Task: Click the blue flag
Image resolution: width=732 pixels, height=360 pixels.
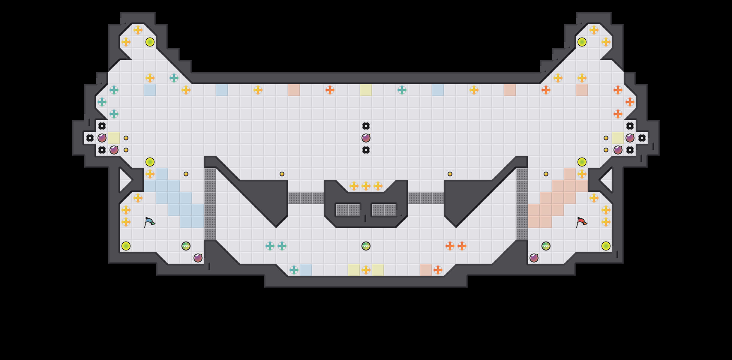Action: (x=149, y=222)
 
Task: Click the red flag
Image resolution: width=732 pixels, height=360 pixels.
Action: (x=581, y=222)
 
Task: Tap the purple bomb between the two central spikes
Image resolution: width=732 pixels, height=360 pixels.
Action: (x=366, y=138)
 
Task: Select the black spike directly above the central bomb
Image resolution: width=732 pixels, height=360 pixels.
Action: (x=366, y=126)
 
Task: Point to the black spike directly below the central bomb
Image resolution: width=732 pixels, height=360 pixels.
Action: (x=366, y=150)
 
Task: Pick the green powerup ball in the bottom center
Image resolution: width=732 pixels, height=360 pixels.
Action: (x=366, y=246)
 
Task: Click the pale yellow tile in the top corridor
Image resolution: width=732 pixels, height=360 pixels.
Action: (x=366, y=90)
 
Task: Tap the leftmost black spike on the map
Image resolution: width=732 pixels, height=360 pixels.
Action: (x=90, y=138)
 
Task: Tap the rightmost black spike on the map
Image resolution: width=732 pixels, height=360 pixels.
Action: (x=642, y=138)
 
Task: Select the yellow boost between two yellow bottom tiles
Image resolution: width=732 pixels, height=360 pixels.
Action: (x=366, y=270)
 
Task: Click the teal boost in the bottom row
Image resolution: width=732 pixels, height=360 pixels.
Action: (x=294, y=270)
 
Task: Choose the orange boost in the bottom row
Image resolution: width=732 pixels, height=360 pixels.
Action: (x=438, y=270)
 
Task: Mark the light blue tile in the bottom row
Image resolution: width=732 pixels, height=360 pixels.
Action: (x=306, y=270)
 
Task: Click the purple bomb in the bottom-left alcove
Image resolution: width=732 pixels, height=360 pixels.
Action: (x=198, y=258)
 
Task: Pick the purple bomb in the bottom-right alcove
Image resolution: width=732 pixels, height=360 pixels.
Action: (x=534, y=258)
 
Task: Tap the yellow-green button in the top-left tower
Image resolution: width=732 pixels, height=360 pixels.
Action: (x=150, y=42)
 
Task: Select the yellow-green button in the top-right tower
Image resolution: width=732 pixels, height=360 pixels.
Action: (x=582, y=42)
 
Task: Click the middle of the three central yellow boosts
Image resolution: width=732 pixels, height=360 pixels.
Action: (x=366, y=186)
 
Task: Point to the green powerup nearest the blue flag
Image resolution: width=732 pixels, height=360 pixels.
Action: (x=186, y=246)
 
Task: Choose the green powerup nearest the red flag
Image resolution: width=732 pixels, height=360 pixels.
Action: (x=546, y=246)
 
